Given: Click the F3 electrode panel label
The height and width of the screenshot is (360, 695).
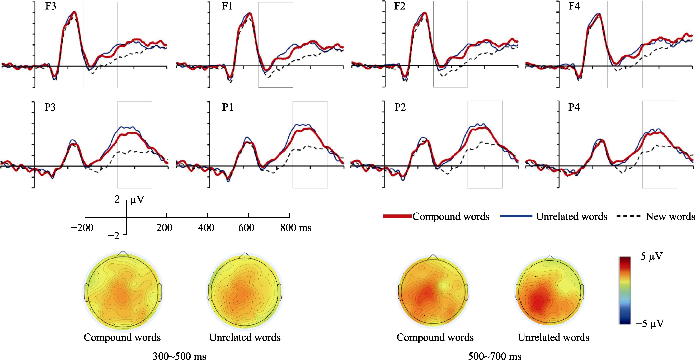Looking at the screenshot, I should click(50, 6).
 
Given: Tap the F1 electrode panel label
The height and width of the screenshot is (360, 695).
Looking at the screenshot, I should click(227, 6).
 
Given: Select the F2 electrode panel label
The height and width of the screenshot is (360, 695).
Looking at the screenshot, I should click(400, 6).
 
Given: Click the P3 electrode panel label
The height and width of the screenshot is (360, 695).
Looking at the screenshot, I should click(50, 107).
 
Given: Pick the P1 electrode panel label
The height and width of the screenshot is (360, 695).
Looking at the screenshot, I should click(227, 107).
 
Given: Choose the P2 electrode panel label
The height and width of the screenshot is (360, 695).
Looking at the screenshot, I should click(400, 107).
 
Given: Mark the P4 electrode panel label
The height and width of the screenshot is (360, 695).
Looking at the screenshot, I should click(574, 107).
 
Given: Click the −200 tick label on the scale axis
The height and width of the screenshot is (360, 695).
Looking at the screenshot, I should click(82, 228).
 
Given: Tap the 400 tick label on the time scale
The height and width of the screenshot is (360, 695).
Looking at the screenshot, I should click(206, 228).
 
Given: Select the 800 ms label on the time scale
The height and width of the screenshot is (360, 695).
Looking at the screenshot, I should click(296, 228).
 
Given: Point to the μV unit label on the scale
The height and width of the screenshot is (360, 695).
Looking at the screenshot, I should click(137, 200).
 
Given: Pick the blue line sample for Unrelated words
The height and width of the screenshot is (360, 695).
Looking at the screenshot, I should click(516, 216).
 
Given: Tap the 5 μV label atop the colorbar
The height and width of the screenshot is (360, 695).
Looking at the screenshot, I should click(651, 257).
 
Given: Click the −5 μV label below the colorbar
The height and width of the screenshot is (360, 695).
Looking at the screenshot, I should click(650, 323).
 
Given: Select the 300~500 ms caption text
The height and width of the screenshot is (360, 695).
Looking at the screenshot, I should click(179, 356).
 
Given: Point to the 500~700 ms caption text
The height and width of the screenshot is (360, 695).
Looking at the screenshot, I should click(495, 356).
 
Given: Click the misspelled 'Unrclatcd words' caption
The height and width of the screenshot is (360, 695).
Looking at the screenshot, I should click(245, 337).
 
